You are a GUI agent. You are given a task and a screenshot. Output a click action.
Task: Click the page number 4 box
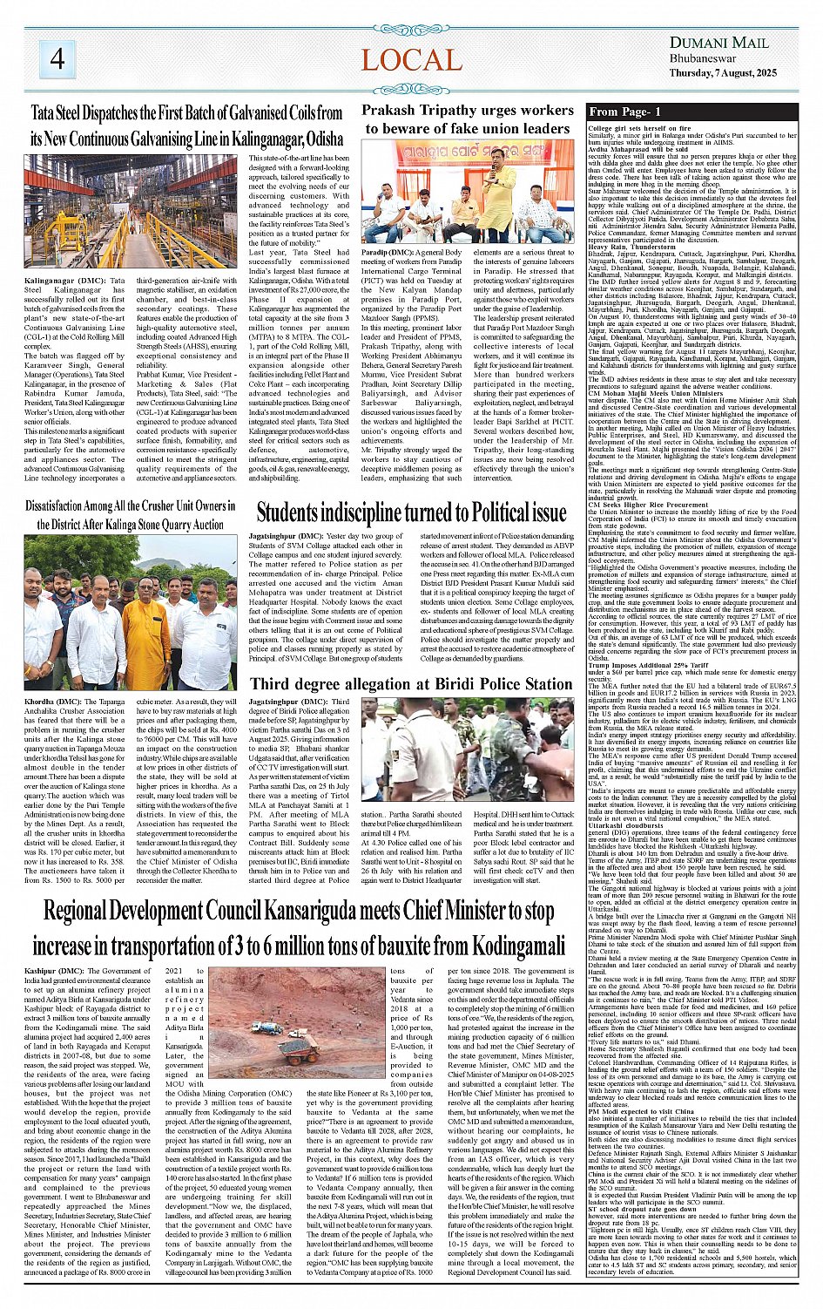pos(57,58)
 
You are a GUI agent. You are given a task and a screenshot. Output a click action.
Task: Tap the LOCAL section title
pos(411,60)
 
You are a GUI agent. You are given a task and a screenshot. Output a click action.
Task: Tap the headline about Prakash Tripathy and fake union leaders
pos(467,119)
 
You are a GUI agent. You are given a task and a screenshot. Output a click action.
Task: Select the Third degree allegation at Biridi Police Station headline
pos(410,683)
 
